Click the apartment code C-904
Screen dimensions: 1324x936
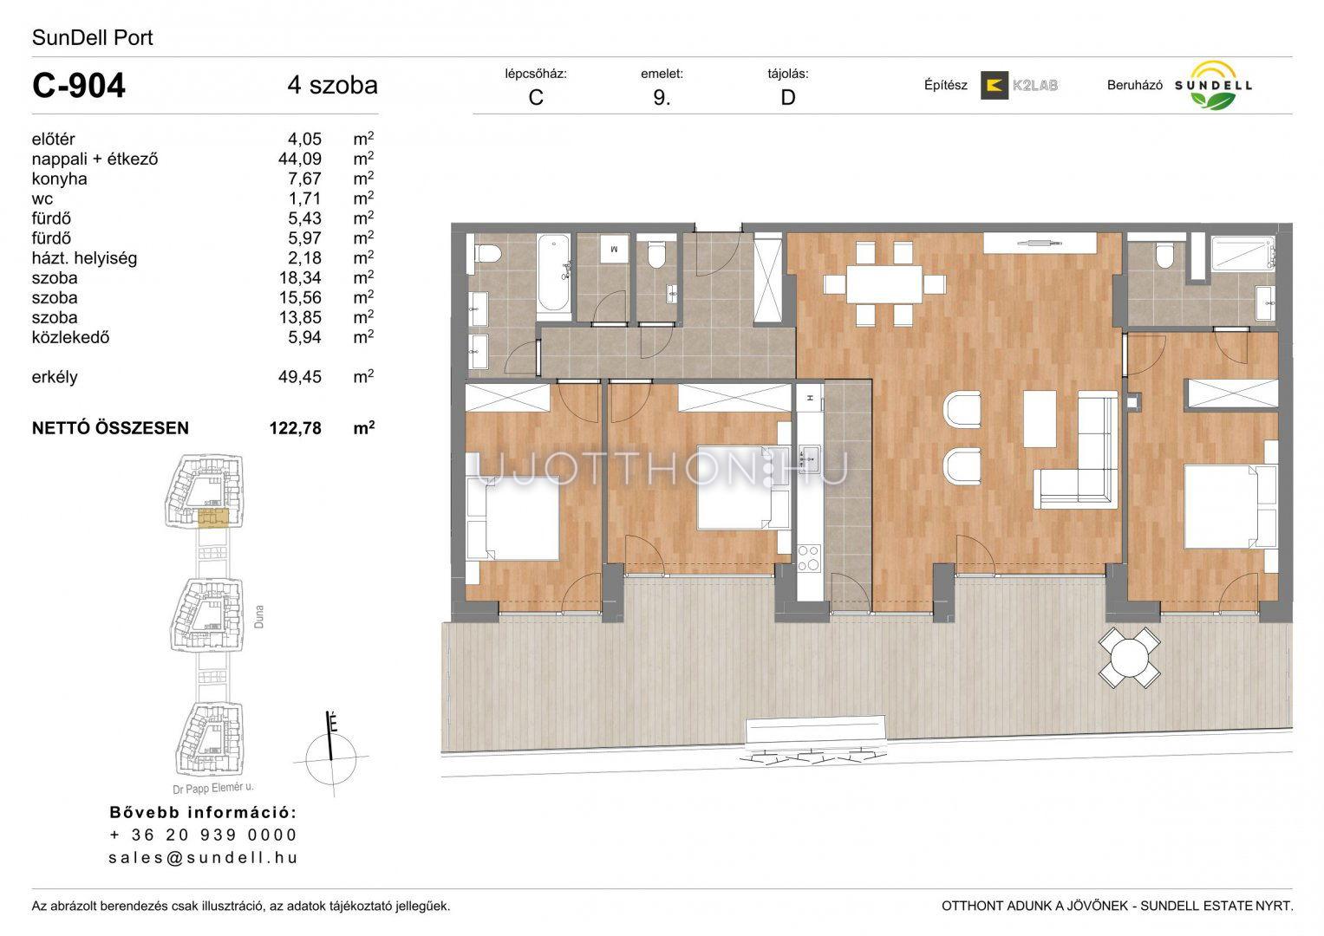point(79,86)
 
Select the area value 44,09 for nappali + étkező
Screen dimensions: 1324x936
point(300,159)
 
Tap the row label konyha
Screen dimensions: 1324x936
point(59,179)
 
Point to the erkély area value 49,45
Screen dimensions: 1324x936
point(300,377)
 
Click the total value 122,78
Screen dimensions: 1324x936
point(296,428)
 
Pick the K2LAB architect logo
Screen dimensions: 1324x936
point(1019,85)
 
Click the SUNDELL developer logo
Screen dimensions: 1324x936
point(1213,86)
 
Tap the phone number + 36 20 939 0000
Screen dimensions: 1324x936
point(203,835)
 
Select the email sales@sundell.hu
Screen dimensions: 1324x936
point(203,857)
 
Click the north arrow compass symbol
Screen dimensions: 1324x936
point(331,753)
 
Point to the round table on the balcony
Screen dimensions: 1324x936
point(1129,658)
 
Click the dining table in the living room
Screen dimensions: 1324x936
point(884,284)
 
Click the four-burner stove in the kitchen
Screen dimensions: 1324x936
point(809,558)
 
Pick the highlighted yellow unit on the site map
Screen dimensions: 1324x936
point(212,517)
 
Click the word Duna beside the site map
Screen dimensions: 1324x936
point(258,616)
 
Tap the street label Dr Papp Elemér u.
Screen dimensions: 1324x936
point(212,788)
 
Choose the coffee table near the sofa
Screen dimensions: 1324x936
point(1040,419)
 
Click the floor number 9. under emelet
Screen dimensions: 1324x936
point(662,97)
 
